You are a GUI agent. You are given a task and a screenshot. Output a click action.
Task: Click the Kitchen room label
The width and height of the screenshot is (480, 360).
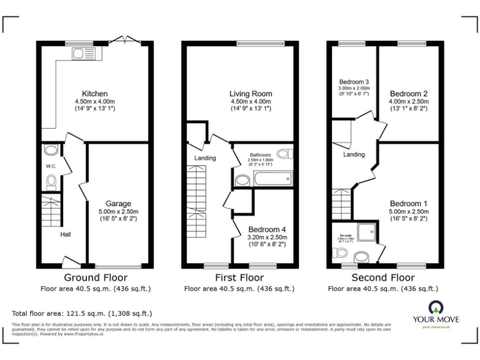coord(95,94)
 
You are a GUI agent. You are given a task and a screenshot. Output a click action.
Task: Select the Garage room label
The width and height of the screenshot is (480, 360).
coord(118,204)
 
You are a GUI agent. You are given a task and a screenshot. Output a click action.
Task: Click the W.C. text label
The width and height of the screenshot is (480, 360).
coord(51,166)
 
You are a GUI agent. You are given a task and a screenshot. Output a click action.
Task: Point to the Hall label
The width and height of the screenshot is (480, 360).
coord(66,234)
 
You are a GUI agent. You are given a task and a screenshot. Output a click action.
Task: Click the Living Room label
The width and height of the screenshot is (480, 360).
coord(251,94)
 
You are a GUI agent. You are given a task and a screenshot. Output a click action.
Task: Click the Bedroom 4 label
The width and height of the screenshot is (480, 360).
coord(267,229)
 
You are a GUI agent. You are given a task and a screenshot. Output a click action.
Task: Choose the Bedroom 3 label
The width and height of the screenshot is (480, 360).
coord(354,82)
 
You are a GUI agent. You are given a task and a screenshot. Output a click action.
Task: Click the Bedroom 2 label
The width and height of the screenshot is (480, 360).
coord(407,94)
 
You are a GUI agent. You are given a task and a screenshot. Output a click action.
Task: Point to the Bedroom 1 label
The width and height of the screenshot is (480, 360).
coord(409,204)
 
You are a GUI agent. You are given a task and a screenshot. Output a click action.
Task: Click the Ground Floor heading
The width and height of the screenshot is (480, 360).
coord(96,277)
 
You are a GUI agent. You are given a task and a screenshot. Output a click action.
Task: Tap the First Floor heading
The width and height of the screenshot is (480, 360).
coord(239,277)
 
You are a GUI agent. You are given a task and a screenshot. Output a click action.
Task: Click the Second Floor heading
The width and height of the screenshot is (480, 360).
coord(382,277)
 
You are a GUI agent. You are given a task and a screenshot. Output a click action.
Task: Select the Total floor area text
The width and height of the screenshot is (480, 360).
coord(82,312)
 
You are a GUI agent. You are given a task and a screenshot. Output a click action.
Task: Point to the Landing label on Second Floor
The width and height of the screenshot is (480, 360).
coord(354,154)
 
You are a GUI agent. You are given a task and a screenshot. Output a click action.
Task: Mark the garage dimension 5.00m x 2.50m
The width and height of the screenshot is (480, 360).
coord(118,211)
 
